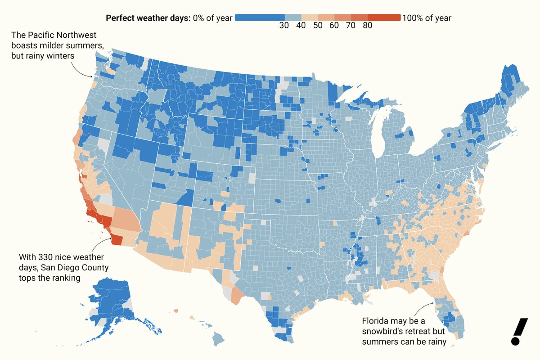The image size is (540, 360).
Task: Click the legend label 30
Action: pyautogui.click(x=284, y=26)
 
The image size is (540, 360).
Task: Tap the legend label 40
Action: pyautogui.click(x=301, y=26)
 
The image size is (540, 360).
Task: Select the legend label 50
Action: pyautogui.click(x=318, y=26)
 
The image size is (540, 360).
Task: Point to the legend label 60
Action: pyautogui.click(x=334, y=26)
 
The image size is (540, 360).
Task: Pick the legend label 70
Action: pyautogui.click(x=351, y=26)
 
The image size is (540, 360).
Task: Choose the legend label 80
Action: pyautogui.click(x=367, y=26)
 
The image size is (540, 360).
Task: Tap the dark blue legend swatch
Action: pyautogui.click(x=259, y=18)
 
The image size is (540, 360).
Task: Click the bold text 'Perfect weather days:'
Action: pyautogui.click(x=148, y=18)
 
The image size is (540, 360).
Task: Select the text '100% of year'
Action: pyautogui.click(x=427, y=18)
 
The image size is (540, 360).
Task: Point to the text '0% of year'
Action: pyautogui.click(x=212, y=18)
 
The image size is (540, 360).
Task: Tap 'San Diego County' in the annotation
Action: pyautogui.click(x=81, y=268)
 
